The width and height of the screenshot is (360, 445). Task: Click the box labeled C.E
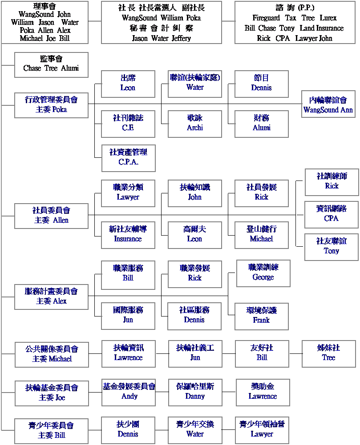(x=128, y=124)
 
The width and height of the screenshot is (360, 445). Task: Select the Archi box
(x=194, y=124)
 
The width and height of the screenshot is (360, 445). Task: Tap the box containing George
(x=263, y=273)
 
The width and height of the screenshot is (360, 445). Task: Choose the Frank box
(x=261, y=317)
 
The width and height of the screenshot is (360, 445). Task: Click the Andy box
(x=129, y=393)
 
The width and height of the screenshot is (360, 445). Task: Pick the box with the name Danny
(x=195, y=393)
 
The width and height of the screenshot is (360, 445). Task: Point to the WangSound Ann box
(x=328, y=104)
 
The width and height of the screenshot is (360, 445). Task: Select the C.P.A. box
(x=129, y=158)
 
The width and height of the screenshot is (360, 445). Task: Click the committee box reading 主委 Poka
(x=52, y=105)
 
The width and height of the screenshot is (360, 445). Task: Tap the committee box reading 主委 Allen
(x=52, y=216)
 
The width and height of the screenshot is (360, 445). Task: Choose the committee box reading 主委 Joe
(x=52, y=393)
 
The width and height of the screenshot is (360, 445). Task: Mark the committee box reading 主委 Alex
(x=52, y=297)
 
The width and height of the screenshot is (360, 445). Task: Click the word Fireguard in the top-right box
(x=266, y=18)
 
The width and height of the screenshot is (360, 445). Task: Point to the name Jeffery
(x=181, y=38)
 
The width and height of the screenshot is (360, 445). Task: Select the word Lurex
(x=328, y=18)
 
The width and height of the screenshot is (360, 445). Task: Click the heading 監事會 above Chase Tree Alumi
(x=51, y=59)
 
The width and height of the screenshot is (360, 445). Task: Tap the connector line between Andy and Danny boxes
(x=162, y=392)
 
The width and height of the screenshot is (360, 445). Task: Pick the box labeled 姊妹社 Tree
(x=329, y=354)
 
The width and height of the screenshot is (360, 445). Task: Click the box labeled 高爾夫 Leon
(x=194, y=235)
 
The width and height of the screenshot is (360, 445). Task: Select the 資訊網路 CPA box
(x=332, y=215)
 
